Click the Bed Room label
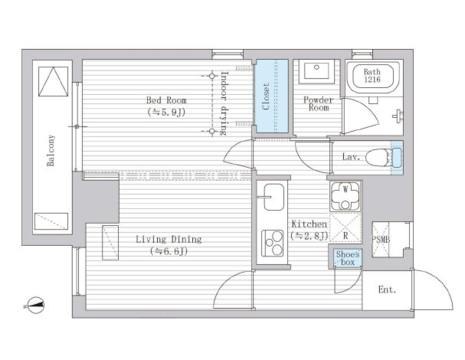(166, 100)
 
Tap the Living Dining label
(169, 239)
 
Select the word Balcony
(51, 150)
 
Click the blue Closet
(272, 96)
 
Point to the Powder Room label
(318, 103)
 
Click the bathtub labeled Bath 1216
(373, 77)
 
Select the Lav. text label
(351, 156)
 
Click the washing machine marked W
(345, 196)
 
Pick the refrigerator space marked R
(345, 227)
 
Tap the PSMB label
(381, 239)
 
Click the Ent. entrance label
(387, 290)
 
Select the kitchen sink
(273, 197)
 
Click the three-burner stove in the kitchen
(272, 244)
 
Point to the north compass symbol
(35, 305)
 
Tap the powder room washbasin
(316, 71)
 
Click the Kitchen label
(309, 224)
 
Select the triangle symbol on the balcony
(54, 81)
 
